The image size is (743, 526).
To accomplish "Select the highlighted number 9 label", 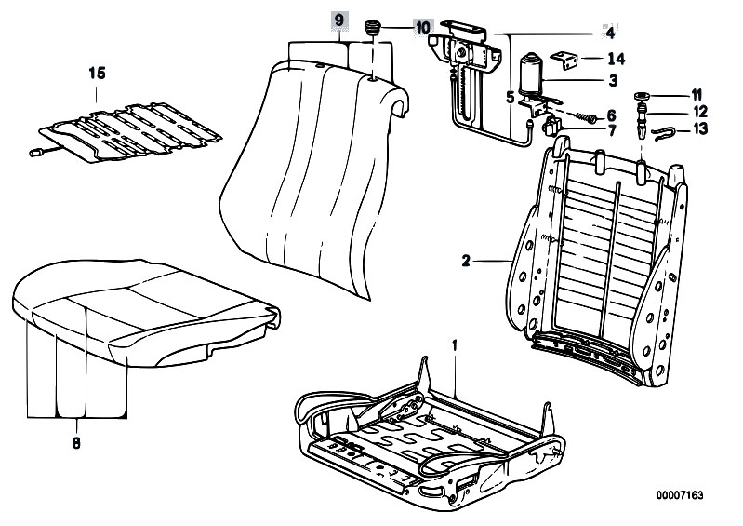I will coord(338,20).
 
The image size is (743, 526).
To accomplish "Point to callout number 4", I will coord(610,34).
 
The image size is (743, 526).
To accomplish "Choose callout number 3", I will coord(613,81).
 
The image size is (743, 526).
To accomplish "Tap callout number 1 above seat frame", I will coord(455,347).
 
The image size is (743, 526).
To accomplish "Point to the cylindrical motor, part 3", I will coord(534,74).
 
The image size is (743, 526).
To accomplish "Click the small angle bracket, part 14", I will coord(566,60).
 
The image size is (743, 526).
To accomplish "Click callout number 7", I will coord(612,130).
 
